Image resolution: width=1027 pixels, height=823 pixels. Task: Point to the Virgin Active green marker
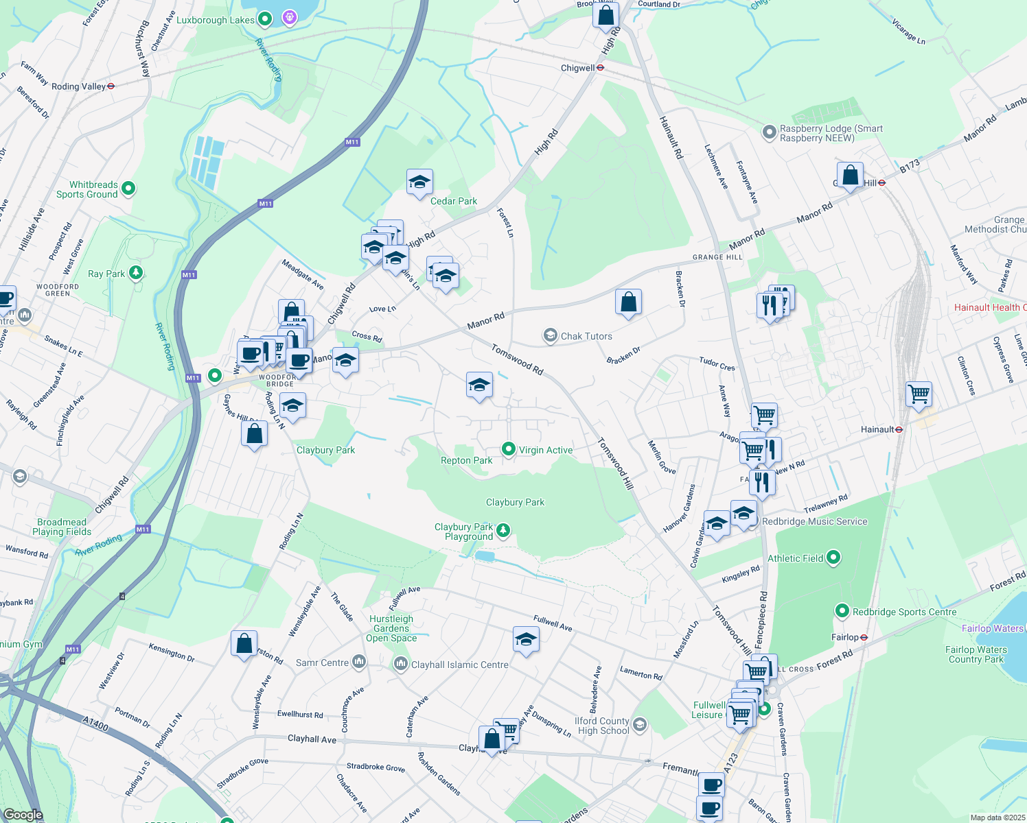click(x=509, y=449)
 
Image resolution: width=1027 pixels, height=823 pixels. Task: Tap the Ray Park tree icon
click(x=137, y=273)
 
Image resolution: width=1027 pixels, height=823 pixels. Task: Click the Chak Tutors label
click(x=586, y=336)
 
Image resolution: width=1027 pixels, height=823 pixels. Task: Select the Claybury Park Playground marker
click(x=503, y=529)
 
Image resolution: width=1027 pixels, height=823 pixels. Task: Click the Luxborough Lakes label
click(x=215, y=20)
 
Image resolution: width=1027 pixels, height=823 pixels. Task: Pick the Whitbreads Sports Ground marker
click(x=128, y=188)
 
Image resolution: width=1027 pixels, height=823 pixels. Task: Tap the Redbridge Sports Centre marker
click(x=842, y=611)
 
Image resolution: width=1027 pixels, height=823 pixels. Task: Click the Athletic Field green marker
click(x=833, y=558)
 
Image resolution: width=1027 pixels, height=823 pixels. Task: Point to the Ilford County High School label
click(x=603, y=726)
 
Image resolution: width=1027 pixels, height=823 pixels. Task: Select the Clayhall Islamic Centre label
click(x=460, y=665)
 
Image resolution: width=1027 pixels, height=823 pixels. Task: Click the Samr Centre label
click(x=322, y=663)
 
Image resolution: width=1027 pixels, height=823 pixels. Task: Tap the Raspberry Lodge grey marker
click(x=770, y=131)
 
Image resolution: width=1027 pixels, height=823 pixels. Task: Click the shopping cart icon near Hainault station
click(x=919, y=394)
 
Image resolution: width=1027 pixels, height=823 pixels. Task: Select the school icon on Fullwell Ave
click(x=526, y=639)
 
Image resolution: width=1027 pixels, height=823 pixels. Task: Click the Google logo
click(x=23, y=815)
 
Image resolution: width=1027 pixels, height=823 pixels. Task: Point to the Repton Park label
click(x=466, y=461)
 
